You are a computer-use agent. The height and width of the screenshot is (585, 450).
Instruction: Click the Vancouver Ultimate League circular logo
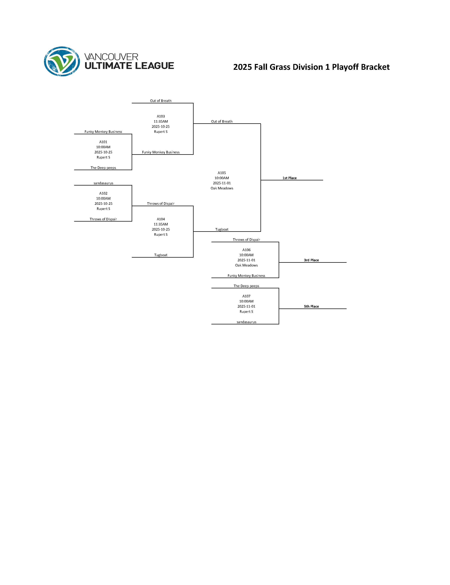(x=62, y=61)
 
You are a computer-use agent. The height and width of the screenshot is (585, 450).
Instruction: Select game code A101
(x=103, y=142)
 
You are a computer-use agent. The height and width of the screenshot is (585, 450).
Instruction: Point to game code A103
(x=161, y=116)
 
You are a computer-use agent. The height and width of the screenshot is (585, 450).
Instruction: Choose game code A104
(x=161, y=219)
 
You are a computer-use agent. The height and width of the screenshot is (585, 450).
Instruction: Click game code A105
(x=222, y=173)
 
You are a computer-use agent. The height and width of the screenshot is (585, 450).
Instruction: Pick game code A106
(x=246, y=250)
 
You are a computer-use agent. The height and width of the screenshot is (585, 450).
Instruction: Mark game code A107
(x=246, y=296)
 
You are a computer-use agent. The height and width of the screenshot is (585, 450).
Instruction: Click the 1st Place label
(x=289, y=178)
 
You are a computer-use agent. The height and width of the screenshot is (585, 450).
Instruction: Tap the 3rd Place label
(x=311, y=260)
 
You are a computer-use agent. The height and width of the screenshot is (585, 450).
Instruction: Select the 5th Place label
(x=311, y=306)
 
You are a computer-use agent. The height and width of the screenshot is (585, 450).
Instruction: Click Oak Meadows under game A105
(x=222, y=188)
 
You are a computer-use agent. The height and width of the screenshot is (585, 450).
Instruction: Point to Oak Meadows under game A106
(x=246, y=265)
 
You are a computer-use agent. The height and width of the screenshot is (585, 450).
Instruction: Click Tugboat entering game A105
(x=222, y=229)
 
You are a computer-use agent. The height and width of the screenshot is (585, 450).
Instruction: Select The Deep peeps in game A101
(x=103, y=168)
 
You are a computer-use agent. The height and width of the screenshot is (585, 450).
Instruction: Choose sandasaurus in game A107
(x=246, y=322)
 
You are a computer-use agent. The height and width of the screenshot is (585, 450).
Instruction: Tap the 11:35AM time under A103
(x=161, y=121)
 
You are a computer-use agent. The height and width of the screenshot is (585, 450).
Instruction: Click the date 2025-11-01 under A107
(x=246, y=306)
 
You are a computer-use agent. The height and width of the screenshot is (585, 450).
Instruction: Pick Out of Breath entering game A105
(x=222, y=121)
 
